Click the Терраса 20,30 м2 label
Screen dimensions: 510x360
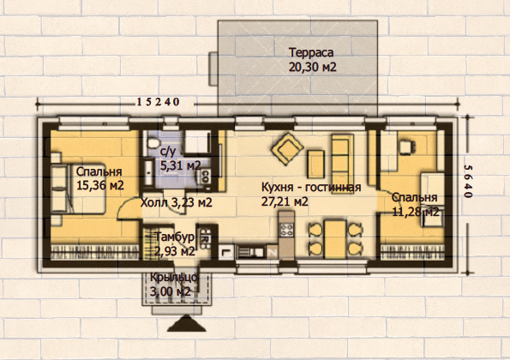click(312, 60)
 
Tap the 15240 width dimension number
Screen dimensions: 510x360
click(158, 102)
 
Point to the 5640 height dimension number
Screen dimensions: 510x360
click(467, 182)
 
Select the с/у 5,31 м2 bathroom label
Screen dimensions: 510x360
click(181, 159)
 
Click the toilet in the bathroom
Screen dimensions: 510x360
click(153, 143)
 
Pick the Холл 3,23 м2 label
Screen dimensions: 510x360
click(177, 202)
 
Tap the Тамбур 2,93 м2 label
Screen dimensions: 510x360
click(175, 244)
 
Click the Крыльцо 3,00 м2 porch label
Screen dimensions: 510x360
click(173, 285)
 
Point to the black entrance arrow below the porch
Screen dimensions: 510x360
click(186, 323)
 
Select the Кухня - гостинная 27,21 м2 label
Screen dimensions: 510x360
click(311, 195)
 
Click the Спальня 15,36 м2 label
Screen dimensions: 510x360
click(100, 178)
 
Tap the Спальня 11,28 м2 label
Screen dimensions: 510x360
click(415, 205)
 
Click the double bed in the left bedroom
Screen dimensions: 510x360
click(78, 189)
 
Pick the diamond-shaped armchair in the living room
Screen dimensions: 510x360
click(287, 148)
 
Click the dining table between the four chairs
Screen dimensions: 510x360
click(335, 238)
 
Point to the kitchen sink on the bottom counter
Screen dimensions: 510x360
click(252, 252)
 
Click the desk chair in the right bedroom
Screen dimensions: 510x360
click(407, 146)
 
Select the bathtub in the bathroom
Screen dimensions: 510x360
click(148, 172)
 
